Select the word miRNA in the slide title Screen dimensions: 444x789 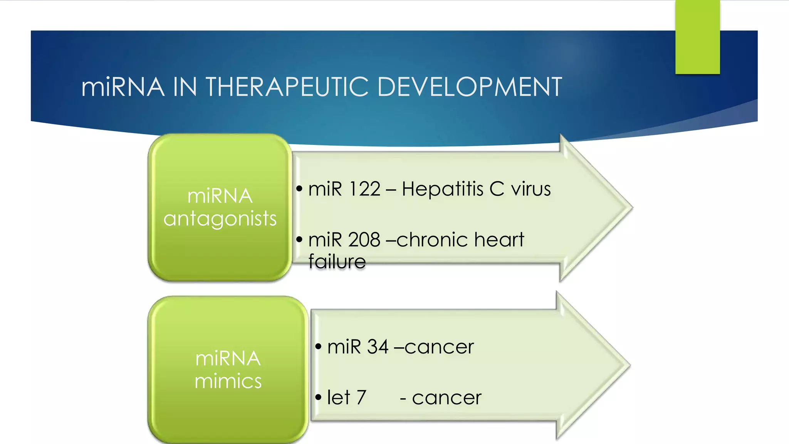tap(123, 87)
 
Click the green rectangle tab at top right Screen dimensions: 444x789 tap(697, 37)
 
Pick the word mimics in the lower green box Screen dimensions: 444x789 tap(228, 381)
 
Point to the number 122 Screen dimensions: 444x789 tap(364, 189)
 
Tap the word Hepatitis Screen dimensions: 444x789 tap(442, 189)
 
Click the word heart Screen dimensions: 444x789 tap(499, 240)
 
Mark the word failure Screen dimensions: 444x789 tap(337, 262)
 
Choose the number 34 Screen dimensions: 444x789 tap(378, 347)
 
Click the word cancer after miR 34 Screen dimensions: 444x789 tap(439, 347)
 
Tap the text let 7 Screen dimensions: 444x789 tap(346, 397)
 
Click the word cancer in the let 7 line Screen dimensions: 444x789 tap(447, 397)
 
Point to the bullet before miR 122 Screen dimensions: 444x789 tap(299, 189)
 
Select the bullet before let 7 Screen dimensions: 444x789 tap(318, 397)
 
